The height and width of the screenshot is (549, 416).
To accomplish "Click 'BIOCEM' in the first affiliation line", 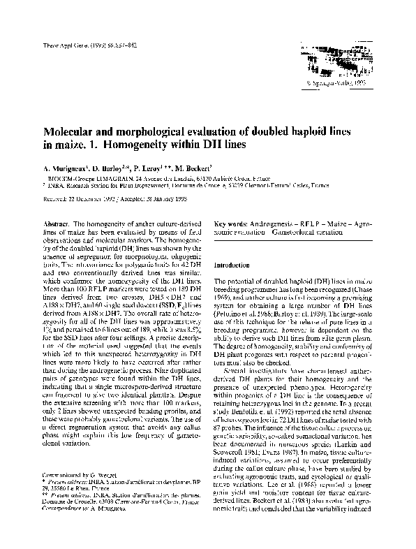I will point(58,180).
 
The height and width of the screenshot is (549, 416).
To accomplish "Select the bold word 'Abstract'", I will point(57,221).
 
